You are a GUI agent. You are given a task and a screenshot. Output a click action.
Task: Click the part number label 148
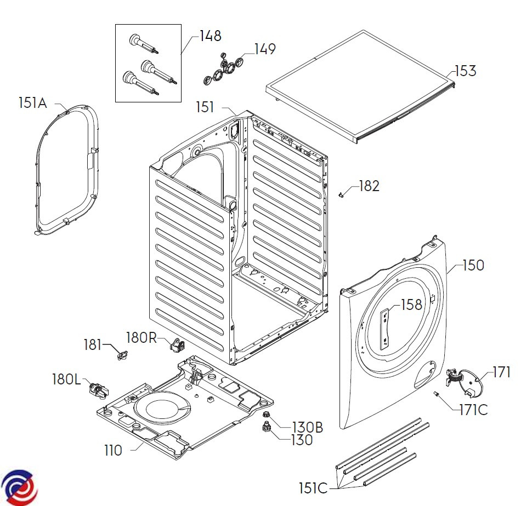211,37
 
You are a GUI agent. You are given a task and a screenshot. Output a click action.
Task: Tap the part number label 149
264,49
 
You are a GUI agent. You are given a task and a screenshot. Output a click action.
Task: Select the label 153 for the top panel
465,71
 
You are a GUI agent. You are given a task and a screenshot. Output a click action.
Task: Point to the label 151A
33,102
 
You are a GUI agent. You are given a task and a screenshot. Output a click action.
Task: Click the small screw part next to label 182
342,194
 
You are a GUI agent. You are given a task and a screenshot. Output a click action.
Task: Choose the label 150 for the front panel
473,266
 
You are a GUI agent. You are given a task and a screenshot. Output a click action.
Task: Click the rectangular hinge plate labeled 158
386,326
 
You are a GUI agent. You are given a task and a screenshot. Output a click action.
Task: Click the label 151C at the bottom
313,487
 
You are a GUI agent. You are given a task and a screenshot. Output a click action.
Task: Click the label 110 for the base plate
114,451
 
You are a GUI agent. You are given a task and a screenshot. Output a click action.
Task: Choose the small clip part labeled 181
121,355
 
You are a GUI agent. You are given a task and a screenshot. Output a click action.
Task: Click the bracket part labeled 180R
177,345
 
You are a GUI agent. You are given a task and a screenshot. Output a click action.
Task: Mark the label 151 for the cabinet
206,107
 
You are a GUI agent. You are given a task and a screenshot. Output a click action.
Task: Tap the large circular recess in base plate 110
162,410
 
